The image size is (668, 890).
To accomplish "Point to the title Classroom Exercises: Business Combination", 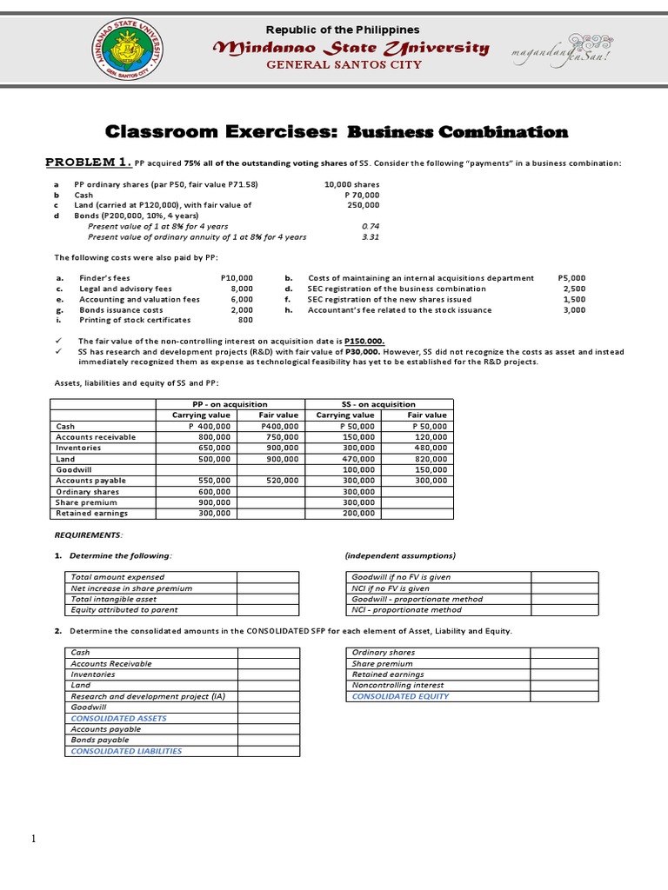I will click(x=336, y=132).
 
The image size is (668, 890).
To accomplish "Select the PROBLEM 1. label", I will click(x=89, y=163).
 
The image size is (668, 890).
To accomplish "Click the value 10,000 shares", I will click(x=351, y=184).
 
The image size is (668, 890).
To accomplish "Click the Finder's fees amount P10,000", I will click(x=237, y=278).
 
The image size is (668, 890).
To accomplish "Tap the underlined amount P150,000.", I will click(x=364, y=341).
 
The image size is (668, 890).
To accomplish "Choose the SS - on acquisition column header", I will click(x=377, y=404).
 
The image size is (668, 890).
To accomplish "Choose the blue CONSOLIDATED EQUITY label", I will click(x=400, y=696).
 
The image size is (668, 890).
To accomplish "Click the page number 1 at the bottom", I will click(x=33, y=839).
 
